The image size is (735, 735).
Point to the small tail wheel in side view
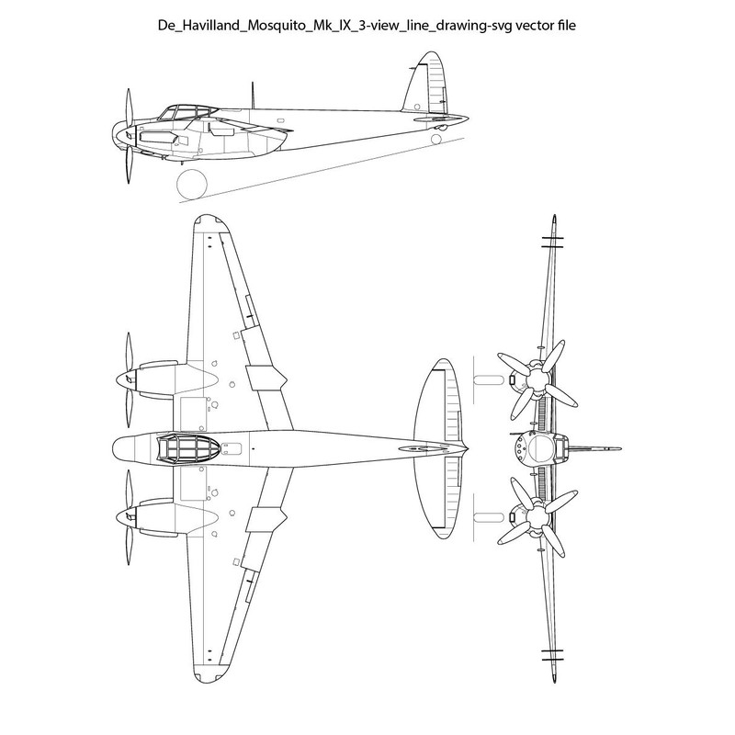click(436, 139)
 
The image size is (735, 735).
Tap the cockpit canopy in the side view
click(187, 112)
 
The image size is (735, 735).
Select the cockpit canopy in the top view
click(187, 448)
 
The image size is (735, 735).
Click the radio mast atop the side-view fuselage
click(253, 95)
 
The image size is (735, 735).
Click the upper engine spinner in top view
click(126, 379)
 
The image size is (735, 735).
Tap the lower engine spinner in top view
click(126, 517)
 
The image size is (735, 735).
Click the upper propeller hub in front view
click(535, 374)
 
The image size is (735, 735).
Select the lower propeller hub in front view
click(535, 517)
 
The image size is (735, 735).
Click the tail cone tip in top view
click(467, 448)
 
